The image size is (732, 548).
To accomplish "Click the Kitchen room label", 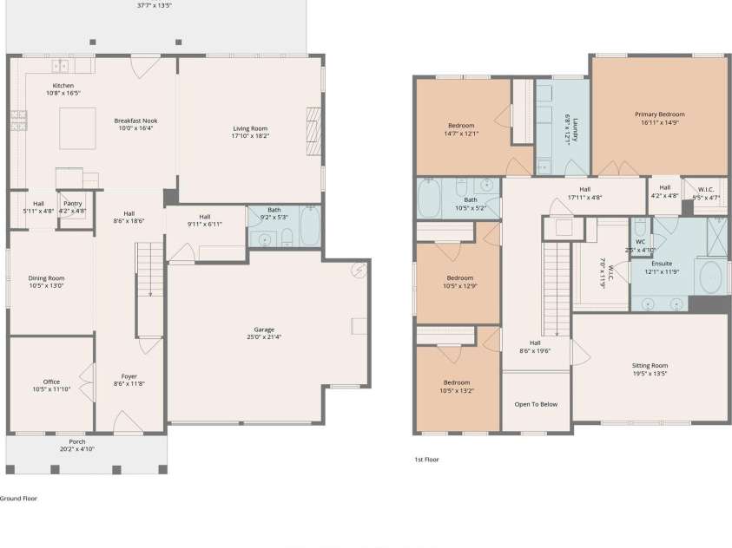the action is pos(63,86).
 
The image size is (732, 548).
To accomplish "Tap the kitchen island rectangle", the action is pos(78,128).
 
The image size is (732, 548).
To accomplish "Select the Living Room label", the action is pos(250,128).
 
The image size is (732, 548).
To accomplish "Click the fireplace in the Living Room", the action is pos(313,132).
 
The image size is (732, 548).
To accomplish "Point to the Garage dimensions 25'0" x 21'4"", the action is pos(264,337).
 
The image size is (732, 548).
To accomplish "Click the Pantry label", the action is pos(72,204).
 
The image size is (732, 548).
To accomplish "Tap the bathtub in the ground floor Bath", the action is pos(309,226).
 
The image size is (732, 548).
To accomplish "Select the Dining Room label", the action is pos(46,278).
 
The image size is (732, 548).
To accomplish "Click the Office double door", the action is pos(88,382).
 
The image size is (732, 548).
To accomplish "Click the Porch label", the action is pos(77,441).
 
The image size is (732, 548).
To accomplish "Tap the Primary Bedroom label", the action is pos(660,114).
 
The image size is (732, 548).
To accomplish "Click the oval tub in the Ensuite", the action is pos(711,277).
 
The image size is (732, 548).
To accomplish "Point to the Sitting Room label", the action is pos(650,366).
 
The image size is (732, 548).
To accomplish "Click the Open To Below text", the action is pos(536,404).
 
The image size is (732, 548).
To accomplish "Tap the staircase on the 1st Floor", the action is pos(557,289).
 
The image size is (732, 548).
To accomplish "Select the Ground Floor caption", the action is pos(18,498).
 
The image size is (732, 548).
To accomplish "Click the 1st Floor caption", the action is pos(426,460).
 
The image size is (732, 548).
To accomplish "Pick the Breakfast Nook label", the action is pos(135,121).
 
